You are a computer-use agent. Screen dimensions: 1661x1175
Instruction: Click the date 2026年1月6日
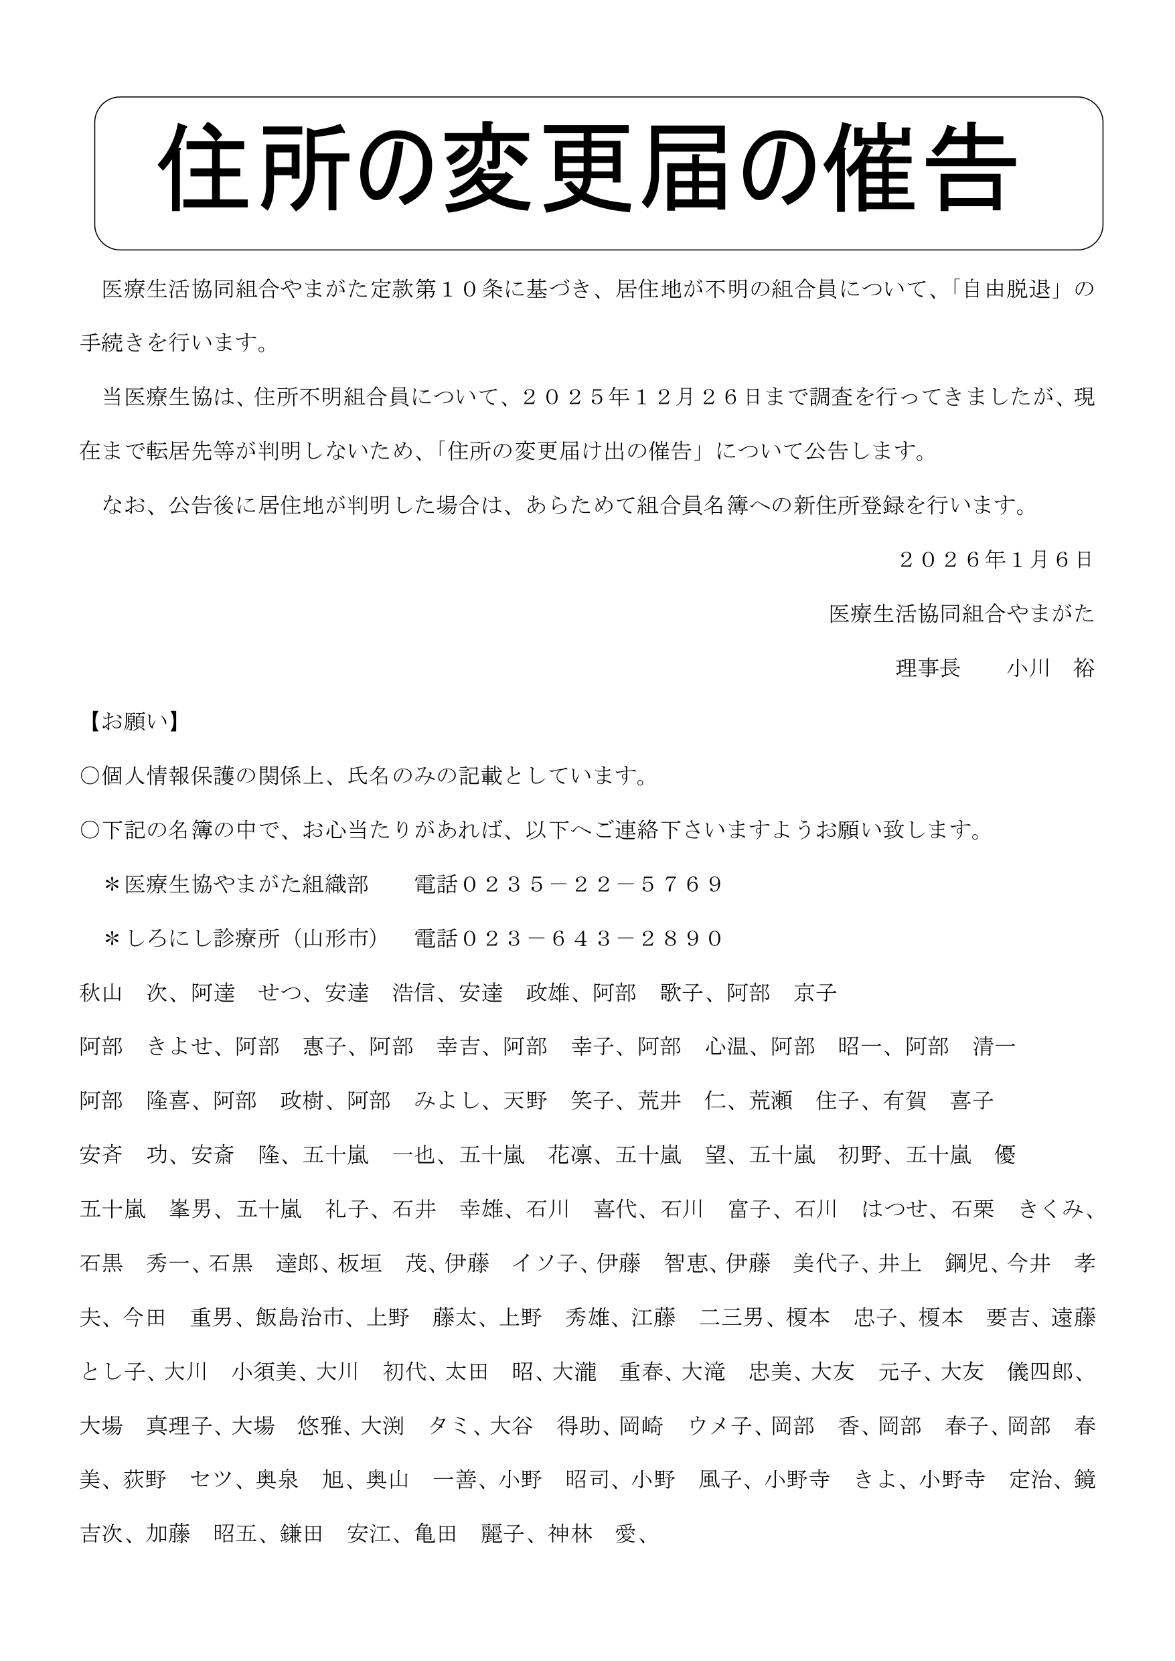click(x=996, y=560)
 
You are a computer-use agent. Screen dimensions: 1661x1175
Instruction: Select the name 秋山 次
click(x=124, y=993)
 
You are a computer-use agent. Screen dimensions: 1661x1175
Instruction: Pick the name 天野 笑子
click(x=548, y=1101)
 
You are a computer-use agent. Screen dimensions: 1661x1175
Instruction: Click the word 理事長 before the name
click(x=927, y=668)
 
